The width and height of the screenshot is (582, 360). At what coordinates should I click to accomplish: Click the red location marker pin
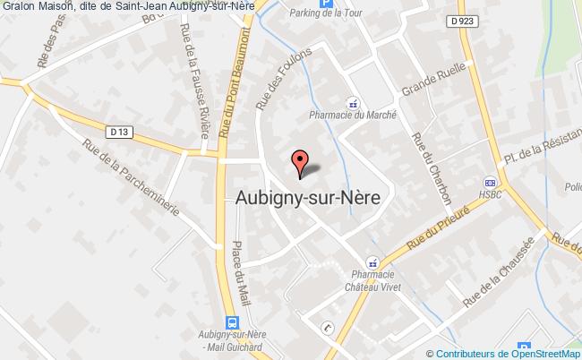[299, 161]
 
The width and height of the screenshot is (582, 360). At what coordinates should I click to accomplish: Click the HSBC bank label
[490, 194]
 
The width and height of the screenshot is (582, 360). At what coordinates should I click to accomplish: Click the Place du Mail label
[241, 269]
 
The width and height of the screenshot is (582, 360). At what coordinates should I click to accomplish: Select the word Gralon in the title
[18, 7]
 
